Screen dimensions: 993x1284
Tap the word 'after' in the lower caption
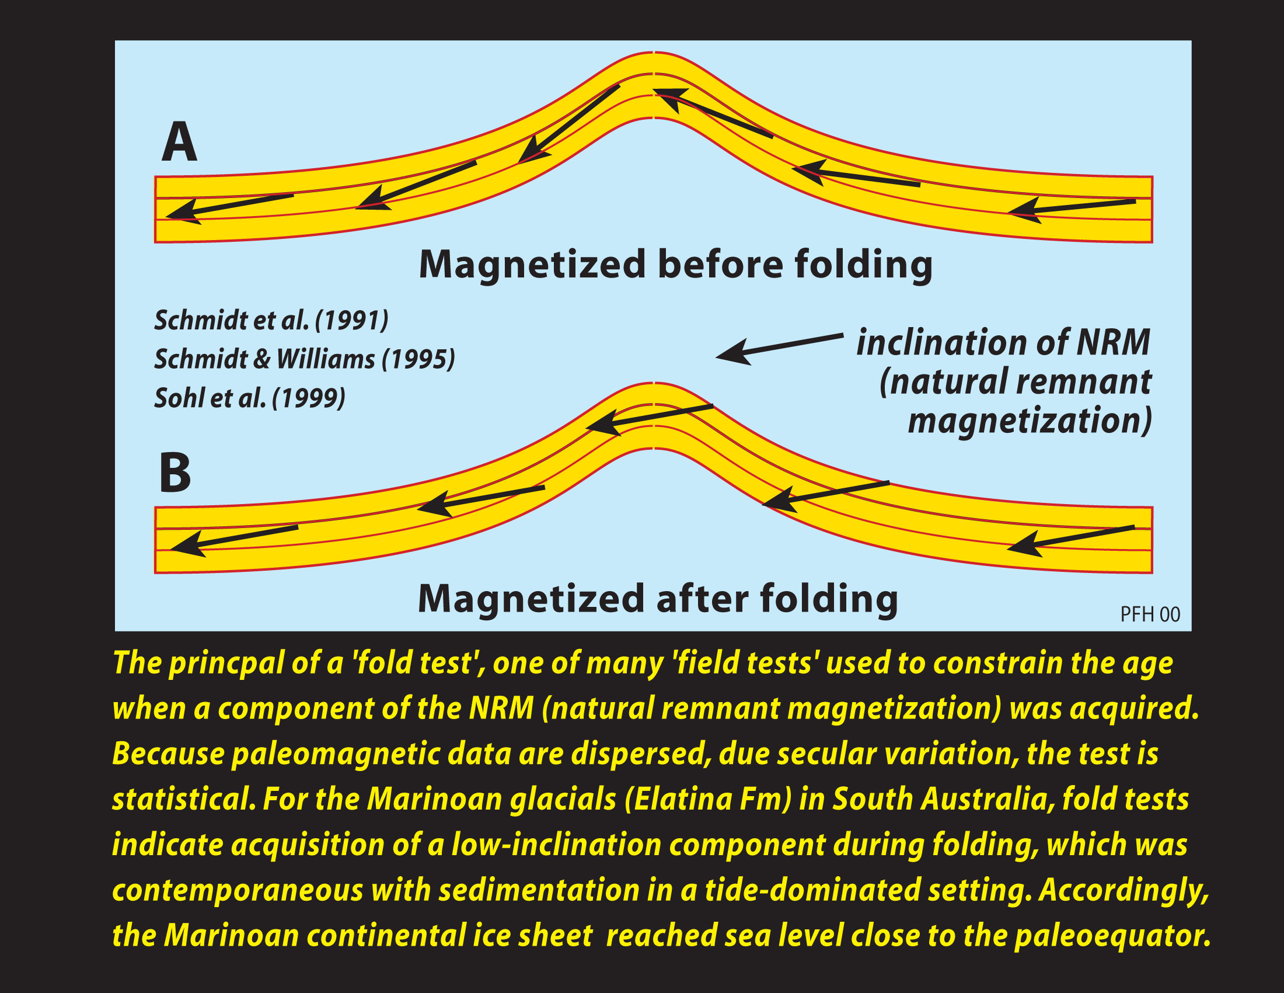(x=702, y=599)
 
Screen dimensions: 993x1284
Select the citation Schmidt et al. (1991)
(x=271, y=321)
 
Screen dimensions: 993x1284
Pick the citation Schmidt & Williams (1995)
(x=305, y=359)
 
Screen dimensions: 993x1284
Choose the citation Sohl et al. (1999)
(x=250, y=398)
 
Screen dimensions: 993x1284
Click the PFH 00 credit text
(x=1149, y=614)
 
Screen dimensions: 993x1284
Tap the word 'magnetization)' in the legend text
(x=1030, y=421)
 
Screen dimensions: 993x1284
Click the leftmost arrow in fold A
(x=230, y=206)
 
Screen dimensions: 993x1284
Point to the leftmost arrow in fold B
(x=234, y=539)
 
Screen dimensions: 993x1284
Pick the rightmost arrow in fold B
(x=1070, y=539)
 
